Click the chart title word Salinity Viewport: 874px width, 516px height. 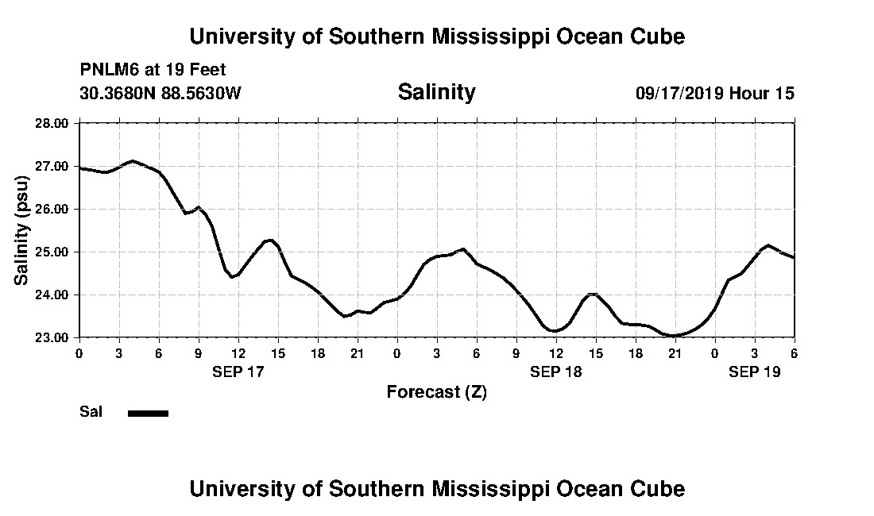click(436, 92)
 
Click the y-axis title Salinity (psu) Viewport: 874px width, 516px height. click(22, 230)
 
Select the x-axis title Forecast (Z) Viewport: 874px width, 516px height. click(436, 391)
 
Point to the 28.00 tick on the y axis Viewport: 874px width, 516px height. click(52, 123)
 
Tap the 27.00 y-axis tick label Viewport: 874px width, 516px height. click(52, 166)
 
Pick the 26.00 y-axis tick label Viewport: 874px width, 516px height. click(52, 209)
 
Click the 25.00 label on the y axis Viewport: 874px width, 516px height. click(52, 252)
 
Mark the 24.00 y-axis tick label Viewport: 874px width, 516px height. click(52, 295)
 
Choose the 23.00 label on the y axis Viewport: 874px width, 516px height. click(52, 337)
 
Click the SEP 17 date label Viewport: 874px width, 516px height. click(238, 372)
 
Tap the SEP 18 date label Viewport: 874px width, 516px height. click(556, 372)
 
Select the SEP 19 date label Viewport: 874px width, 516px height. click(755, 372)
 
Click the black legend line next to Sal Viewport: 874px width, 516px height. click(148, 413)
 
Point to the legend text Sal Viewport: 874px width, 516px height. click(91, 412)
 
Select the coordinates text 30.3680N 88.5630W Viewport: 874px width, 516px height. click(160, 93)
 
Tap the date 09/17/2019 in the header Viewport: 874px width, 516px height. click(679, 93)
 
